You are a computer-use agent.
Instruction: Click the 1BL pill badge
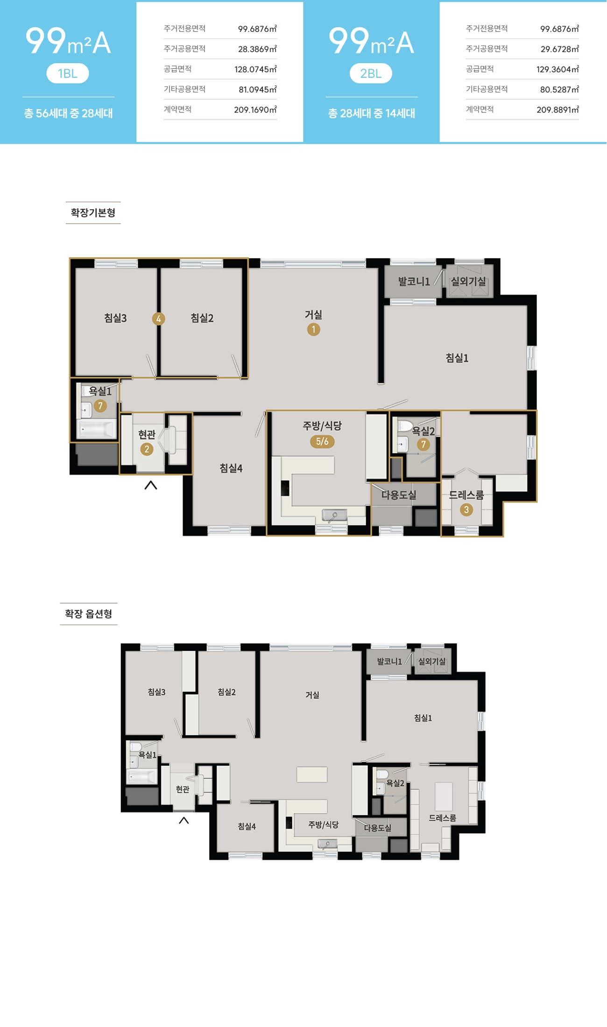point(68,73)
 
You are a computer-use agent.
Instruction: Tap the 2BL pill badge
point(371,73)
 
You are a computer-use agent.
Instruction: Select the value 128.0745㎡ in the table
point(255,70)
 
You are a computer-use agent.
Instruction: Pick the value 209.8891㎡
point(558,110)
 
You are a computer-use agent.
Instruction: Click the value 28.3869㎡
point(257,49)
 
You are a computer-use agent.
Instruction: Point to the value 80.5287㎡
point(559,90)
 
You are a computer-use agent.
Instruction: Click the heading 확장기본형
point(93,213)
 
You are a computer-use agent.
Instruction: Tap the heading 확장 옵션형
point(89,614)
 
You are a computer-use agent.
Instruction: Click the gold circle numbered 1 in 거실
point(313,330)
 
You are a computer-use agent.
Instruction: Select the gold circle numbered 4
point(158,319)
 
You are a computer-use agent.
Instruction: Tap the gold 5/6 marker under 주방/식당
point(322,441)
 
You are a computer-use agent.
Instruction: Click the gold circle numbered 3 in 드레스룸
point(466,510)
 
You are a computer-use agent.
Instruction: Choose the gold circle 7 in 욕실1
point(100,406)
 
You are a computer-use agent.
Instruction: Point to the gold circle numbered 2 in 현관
point(147,449)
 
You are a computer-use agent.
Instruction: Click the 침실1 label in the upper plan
point(457,358)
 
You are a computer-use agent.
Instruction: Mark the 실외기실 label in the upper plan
point(468,281)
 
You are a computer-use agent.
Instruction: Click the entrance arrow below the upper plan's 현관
point(150,485)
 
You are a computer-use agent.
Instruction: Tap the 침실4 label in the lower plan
point(247,826)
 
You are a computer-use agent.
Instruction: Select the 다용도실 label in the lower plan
point(377,828)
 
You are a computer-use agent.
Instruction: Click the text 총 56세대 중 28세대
point(68,113)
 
